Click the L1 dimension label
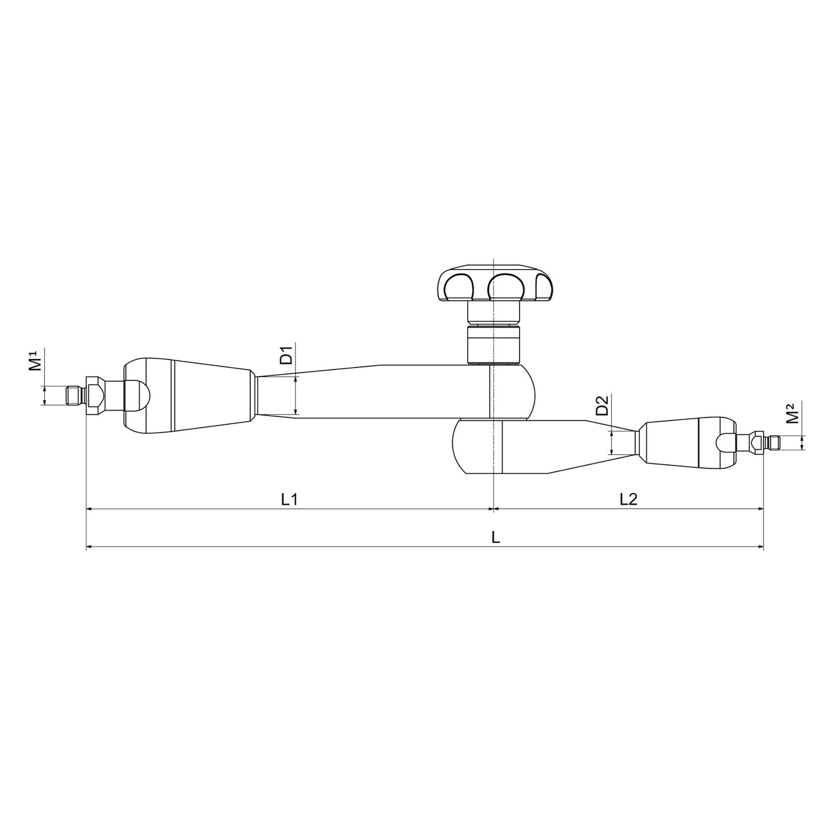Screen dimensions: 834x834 click(x=290, y=500)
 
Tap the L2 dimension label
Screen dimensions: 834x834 click(x=628, y=500)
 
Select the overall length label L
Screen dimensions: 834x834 click(x=496, y=538)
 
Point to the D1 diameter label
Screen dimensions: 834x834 click(x=286, y=354)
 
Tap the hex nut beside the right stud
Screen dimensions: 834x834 click(x=755, y=442)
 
